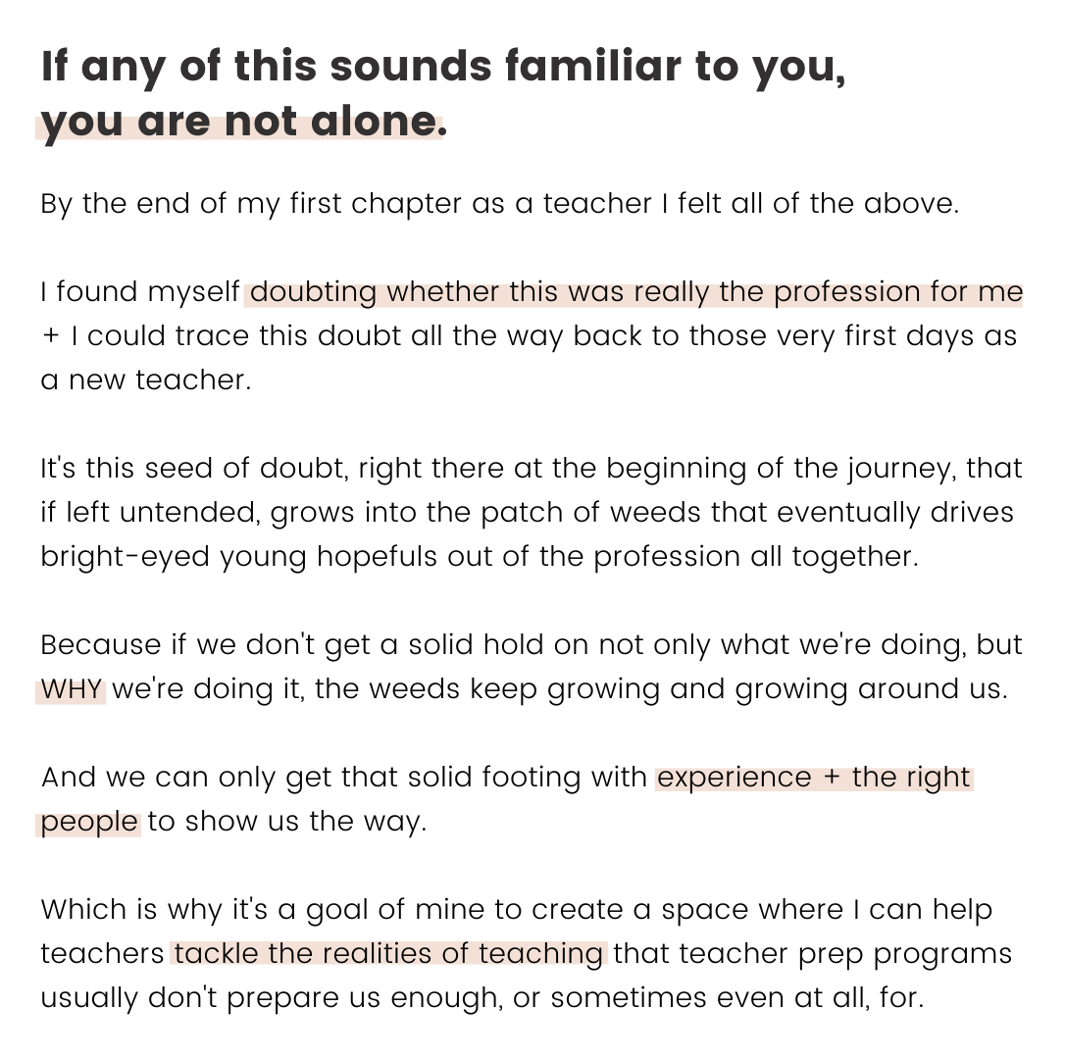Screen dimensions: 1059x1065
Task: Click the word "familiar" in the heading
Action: coord(592,67)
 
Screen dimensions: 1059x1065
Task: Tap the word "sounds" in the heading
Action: coord(410,67)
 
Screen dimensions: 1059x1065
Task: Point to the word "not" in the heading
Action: coord(261,123)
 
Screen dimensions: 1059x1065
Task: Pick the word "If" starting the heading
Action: coord(55,67)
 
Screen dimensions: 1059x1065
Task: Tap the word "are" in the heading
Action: coord(174,123)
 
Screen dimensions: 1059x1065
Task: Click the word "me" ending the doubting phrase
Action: coord(999,293)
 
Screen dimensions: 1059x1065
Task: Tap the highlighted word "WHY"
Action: coord(72,690)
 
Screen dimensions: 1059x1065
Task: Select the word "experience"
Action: coord(734,779)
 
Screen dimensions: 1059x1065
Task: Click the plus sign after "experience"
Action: coord(832,779)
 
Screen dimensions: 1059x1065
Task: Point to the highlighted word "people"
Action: coord(89,824)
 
